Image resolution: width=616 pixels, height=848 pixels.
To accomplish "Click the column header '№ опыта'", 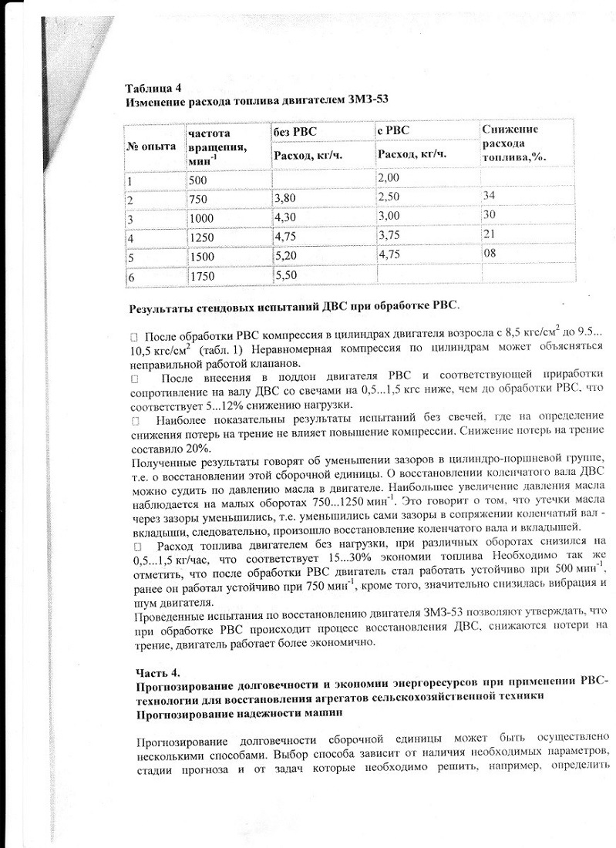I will pos(151,146).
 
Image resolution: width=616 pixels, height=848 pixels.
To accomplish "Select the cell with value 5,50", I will pos(285,274).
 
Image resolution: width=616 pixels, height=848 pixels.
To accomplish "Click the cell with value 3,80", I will pos(285,198).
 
